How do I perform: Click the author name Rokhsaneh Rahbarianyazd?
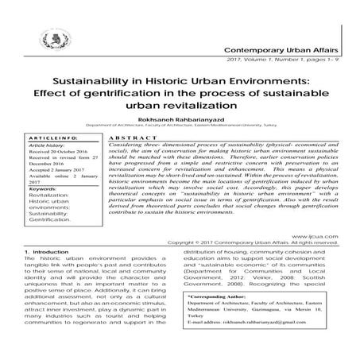coord(181,121)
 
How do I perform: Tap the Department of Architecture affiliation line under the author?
coord(181,129)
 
